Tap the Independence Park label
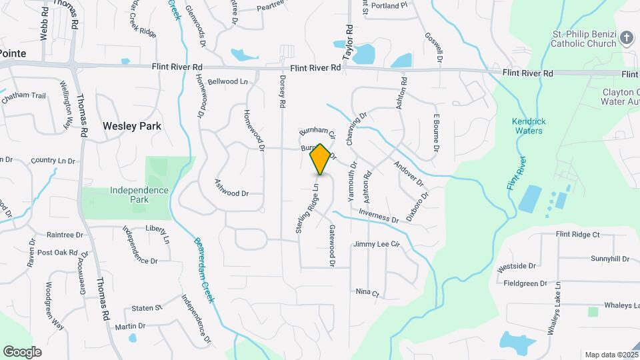(130, 195)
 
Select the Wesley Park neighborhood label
(132, 125)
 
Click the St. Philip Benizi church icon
(626, 37)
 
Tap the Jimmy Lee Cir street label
(376, 245)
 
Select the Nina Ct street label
(367, 293)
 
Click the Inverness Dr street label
(378, 215)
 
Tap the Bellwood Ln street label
(227, 81)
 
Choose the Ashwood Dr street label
(231, 187)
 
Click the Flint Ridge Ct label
(578, 234)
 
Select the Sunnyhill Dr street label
(609, 259)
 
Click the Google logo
(22, 351)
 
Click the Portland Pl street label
(389, 5)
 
